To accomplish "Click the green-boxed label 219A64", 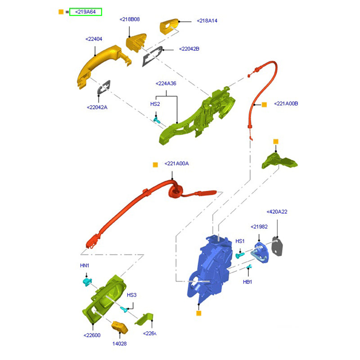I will pos(85,12).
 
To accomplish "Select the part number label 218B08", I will pos(130,19).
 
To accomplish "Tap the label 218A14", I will pos(207,21).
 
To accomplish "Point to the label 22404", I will pos(94,39).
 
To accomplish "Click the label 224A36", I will pos(166,84).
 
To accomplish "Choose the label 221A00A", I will pos(176,163).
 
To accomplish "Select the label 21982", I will pos(260,227).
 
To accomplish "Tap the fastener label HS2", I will pos(155,104).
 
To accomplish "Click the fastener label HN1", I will pos(85,265).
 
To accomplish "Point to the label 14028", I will pos(120,343).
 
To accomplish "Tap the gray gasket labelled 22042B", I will pos(153,55).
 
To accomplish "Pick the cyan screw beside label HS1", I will pos(239,255).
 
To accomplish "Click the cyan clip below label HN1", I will pos(87,282).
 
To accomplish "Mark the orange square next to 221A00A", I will pos(155,165).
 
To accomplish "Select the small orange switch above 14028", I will pos(120,328).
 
